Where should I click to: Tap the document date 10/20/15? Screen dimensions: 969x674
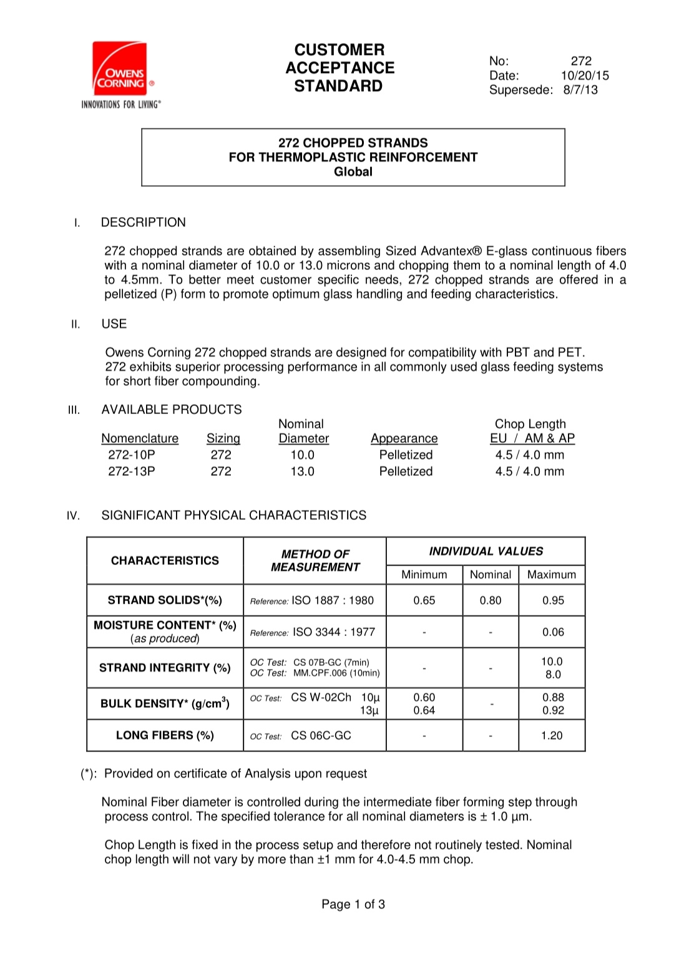584,75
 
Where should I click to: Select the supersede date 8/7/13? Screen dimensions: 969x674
580,90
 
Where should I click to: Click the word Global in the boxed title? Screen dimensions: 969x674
353,171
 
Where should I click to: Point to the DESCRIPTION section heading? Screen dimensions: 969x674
143,223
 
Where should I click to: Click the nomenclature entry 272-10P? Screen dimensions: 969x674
131,455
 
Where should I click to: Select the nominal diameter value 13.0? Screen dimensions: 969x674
302,471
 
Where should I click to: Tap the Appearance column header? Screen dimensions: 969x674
404,438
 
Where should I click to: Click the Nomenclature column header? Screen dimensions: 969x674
140,438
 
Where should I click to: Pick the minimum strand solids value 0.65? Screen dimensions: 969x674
424,600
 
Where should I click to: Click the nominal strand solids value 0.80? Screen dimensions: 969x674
491,600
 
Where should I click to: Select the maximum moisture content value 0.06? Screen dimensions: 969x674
553,632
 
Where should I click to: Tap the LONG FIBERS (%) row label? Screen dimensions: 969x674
165,735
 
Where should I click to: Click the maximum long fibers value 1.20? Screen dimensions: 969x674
552,736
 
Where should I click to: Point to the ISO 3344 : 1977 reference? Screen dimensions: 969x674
334,632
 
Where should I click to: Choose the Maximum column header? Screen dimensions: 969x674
552,574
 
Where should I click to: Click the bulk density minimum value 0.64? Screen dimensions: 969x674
424,710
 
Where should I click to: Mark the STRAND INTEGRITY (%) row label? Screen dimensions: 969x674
165,668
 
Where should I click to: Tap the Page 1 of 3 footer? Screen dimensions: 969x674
353,904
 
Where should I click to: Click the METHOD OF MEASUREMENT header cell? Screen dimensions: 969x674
315,561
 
